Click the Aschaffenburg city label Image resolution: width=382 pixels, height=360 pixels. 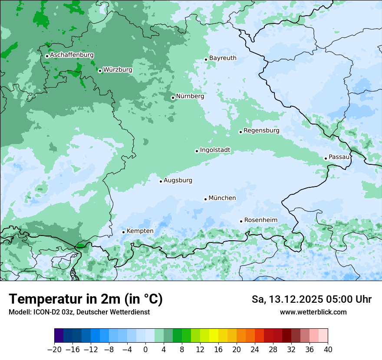click(72, 55)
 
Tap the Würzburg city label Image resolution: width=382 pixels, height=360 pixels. click(118, 70)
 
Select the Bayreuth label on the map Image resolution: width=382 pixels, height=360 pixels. click(223, 58)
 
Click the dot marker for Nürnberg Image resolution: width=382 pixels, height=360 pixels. click(173, 98)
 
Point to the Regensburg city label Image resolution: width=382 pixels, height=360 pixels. click(261, 131)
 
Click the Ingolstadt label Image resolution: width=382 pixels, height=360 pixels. click(215, 150)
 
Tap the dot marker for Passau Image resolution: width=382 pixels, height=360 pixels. click(326, 158)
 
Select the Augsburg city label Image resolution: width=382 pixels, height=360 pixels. click(178, 180)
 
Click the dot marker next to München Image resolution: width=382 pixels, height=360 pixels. click(205, 199)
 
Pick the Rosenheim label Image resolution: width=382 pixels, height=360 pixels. click(260, 220)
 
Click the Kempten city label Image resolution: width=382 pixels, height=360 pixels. click(140, 231)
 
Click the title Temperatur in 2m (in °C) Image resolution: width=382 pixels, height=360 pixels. click(86, 299)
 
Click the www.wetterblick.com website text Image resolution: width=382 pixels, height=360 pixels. click(313, 312)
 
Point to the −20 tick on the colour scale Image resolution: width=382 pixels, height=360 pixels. click(54, 349)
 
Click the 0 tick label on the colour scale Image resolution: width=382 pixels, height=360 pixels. click(145, 349)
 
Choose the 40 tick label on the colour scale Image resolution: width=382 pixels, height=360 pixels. click(328, 349)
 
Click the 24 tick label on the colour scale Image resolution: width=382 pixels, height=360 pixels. click(255, 349)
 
